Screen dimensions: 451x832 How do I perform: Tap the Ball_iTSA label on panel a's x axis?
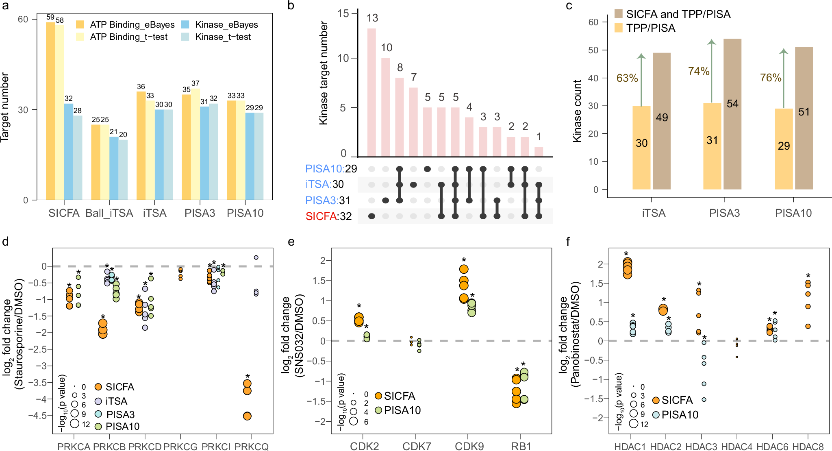(x=109, y=213)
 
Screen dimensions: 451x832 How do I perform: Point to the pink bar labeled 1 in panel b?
(x=539, y=152)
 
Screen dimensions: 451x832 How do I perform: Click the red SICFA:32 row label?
(x=328, y=216)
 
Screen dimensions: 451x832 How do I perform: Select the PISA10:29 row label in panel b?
(x=331, y=169)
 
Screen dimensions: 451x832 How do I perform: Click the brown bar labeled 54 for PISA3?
(x=732, y=114)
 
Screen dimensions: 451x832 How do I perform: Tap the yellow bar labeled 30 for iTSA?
(x=641, y=147)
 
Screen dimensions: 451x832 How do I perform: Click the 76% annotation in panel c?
(x=771, y=78)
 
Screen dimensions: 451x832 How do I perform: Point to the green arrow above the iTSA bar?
(x=641, y=79)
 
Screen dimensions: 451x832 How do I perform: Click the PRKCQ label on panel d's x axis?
(x=252, y=447)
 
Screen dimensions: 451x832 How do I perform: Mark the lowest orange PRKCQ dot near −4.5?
(x=247, y=416)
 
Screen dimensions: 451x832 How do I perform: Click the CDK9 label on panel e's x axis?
(x=469, y=447)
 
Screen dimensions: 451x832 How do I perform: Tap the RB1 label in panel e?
(x=521, y=447)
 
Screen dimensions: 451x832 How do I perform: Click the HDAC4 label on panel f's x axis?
(x=737, y=447)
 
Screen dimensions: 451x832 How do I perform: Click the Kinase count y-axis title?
(x=577, y=111)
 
